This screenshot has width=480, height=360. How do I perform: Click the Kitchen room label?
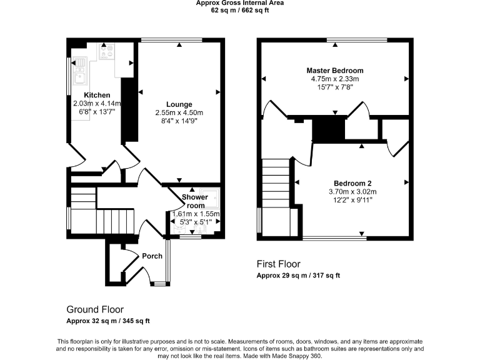tap(97, 95)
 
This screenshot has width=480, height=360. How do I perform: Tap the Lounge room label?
tap(179, 104)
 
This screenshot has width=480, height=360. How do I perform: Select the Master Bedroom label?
tap(334, 71)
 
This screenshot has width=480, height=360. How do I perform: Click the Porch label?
tap(152, 256)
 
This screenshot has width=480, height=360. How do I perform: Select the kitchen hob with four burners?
tap(106, 50)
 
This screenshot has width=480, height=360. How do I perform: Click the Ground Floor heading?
tap(95, 309)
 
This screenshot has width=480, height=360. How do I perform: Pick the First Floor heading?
tap(279, 264)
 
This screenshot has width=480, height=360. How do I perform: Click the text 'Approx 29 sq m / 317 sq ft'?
tap(298, 276)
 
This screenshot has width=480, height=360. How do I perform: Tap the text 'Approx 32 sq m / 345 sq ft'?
tap(108, 321)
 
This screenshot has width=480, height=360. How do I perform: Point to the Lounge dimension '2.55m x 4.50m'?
tap(179, 112)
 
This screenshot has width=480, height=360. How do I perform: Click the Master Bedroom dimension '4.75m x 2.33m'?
tap(334, 79)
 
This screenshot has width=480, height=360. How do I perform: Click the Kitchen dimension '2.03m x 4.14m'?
tap(94, 103)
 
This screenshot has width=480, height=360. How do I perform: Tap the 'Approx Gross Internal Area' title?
tap(239, 3)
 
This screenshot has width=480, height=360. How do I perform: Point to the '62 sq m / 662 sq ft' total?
tap(239, 11)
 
